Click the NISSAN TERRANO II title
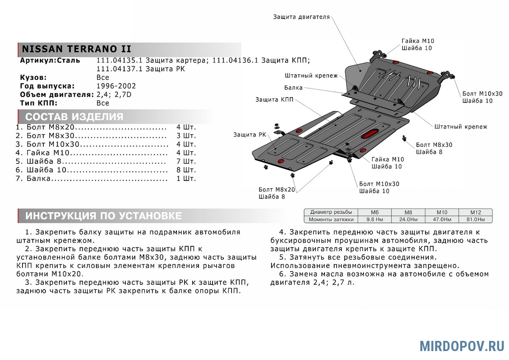(76, 49)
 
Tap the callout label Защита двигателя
(301, 17)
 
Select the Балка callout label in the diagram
(294, 88)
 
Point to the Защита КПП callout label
(274, 100)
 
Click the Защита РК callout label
(249, 135)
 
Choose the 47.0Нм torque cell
(441, 219)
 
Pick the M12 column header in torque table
(475, 212)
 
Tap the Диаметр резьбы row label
(330, 212)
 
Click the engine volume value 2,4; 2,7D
(114, 95)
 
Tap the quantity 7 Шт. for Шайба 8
(186, 161)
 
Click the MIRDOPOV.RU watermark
(462, 346)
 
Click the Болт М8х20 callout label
(276, 189)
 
